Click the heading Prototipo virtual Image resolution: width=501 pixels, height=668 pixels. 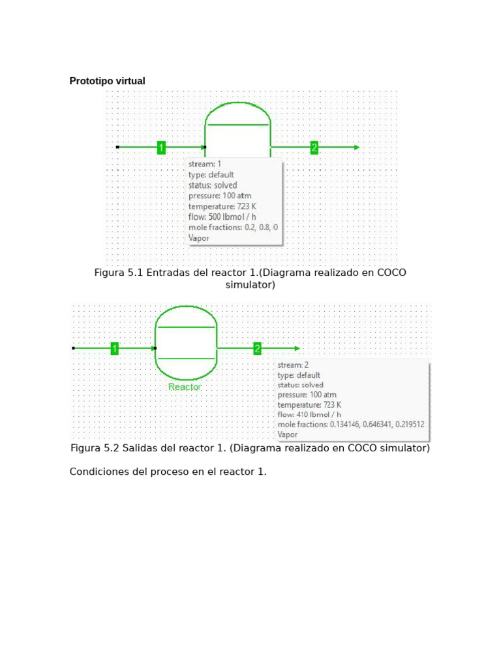[x=107, y=81]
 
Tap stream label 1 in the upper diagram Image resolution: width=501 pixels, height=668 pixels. [x=161, y=147]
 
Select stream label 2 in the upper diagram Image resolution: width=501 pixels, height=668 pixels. [x=314, y=147]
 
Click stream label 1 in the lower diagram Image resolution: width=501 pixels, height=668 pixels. [x=114, y=348]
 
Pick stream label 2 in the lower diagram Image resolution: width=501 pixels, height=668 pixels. [x=257, y=348]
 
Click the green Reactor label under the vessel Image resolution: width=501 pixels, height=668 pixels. [x=185, y=387]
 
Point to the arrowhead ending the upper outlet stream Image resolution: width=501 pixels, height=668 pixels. [x=356, y=147]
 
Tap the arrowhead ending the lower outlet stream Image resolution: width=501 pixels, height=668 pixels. [x=297, y=348]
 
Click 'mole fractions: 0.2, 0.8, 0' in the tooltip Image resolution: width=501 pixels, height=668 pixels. [x=233, y=228]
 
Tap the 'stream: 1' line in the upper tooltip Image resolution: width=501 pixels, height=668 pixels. [x=205, y=164]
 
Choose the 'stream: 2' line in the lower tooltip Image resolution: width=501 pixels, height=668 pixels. [x=293, y=365]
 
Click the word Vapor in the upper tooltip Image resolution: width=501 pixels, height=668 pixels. [x=199, y=238]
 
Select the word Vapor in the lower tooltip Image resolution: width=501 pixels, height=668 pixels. [x=288, y=434]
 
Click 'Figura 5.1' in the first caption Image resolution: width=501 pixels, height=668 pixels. [x=119, y=273]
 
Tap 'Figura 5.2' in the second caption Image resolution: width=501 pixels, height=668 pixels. [x=95, y=448]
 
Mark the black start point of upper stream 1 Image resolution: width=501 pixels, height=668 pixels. [x=117, y=147]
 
